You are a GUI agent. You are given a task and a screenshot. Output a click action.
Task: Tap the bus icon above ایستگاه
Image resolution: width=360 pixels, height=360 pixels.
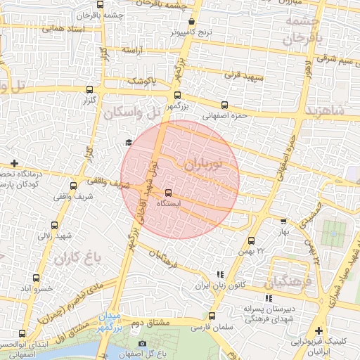(x=168, y=193)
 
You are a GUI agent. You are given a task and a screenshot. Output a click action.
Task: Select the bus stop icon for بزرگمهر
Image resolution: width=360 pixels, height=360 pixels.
(x=176, y=95)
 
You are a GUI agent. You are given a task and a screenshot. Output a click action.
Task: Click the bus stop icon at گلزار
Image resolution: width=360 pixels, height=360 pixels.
(x=89, y=89)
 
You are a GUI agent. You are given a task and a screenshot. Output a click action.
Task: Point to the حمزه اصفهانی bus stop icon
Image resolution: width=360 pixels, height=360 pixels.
(x=224, y=105)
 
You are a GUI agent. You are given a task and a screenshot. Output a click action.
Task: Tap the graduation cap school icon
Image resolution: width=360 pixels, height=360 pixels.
(x=128, y=143)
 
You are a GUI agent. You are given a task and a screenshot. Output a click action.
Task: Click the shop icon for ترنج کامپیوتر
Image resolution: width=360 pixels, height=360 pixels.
(x=192, y=22)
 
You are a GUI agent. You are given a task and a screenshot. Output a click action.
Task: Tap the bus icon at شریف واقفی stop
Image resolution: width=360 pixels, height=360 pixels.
(x=73, y=186)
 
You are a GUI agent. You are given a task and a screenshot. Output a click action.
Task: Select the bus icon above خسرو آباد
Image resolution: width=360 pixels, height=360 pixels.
(x=35, y=278)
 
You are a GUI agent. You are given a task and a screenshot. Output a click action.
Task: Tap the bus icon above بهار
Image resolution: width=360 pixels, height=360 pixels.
(x=283, y=220)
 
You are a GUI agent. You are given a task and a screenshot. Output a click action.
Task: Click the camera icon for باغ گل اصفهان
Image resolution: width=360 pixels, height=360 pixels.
(x=142, y=344)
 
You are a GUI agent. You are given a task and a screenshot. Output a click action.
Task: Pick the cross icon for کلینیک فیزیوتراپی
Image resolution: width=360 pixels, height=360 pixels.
(x=319, y=330)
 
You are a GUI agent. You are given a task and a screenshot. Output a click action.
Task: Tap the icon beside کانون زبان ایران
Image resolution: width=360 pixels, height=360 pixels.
(x=220, y=274)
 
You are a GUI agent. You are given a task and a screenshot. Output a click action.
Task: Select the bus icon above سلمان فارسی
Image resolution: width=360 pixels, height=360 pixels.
(x=212, y=316)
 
